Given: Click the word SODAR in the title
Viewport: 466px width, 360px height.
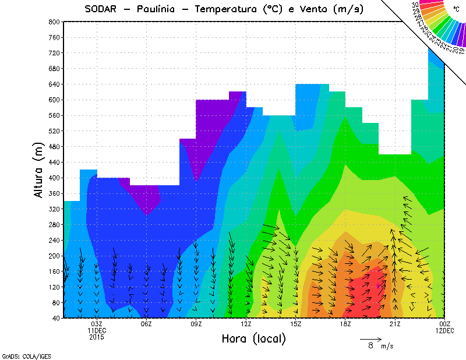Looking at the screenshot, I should pyautogui.click(x=103, y=9).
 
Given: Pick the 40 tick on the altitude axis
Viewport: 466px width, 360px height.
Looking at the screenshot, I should pyautogui.click(x=56, y=318).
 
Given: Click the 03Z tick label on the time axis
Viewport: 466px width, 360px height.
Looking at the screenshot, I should pyautogui.click(x=97, y=324).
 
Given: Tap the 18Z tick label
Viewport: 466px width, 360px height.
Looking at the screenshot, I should pyautogui.click(x=345, y=324).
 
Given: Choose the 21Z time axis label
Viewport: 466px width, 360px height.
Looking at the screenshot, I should pyautogui.click(x=395, y=324).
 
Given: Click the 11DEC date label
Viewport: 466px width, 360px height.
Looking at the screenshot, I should pyautogui.click(x=97, y=330).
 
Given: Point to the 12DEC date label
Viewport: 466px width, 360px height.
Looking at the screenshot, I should pyautogui.click(x=444, y=330).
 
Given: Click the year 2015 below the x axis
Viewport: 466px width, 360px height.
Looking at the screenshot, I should pyautogui.click(x=97, y=337).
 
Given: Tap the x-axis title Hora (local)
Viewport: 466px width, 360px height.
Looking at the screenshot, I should pyautogui.click(x=253, y=338).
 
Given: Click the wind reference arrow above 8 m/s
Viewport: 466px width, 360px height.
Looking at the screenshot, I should pyautogui.click(x=370, y=338).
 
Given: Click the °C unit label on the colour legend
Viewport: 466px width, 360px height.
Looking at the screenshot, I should pyautogui.click(x=456, y=9).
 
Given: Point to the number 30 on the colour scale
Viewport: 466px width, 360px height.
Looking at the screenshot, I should pyautogui.click(x=415, y=5).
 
